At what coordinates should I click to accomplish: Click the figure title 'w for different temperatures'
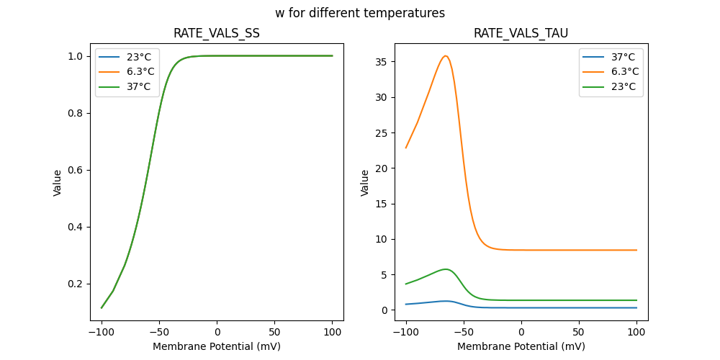pos(360,13)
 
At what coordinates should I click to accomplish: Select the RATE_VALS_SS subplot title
pos(217,33)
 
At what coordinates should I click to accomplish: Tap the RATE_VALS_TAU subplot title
pos(521,33)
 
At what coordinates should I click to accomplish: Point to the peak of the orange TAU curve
pos(446,56)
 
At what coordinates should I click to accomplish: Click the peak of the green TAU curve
pos(446,269)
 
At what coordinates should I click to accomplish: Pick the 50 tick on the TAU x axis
pos(578,331)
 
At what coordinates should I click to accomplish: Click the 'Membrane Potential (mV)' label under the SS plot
pos(217,346)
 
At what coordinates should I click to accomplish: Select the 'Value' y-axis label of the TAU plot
pos(365,183)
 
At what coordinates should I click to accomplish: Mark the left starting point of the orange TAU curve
pos(406,148)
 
